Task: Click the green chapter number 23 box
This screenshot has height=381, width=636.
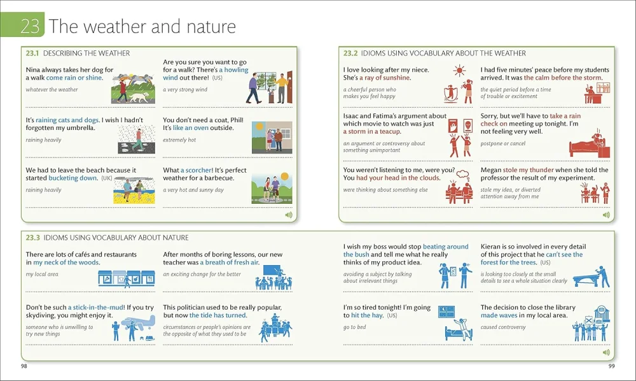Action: pos(22,25)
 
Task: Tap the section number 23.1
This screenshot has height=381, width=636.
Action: pos(32,54)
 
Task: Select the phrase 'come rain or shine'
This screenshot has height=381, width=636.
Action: pos(74,78)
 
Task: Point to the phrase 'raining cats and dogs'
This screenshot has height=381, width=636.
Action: pos(67,120)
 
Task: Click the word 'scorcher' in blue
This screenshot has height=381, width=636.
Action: pos(199,170)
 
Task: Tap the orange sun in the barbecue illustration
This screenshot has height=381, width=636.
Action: pos(285,176)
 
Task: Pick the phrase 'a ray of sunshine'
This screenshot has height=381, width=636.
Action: pos(385,78)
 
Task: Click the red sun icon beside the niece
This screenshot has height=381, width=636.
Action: pos(459,71)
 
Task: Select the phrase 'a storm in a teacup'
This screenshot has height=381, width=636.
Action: pos(372,131)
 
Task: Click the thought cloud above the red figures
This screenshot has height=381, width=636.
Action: pos(463,175)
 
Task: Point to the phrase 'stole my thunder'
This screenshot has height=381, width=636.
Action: pos(528,169)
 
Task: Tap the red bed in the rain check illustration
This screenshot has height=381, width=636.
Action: pos(587,148)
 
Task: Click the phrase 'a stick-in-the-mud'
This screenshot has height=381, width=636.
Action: pos(96,308)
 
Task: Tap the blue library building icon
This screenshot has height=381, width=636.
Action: pos(602,314)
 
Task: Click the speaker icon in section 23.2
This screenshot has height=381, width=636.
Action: pos(606,215)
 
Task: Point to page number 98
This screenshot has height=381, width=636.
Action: pos(24,366)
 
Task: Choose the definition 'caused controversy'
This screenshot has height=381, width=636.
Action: pos(503,327)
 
